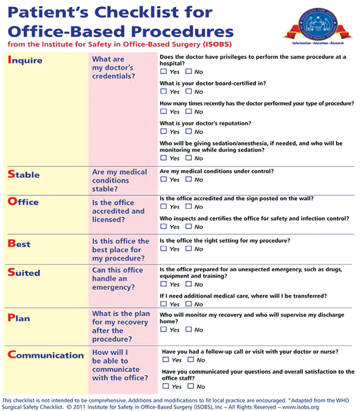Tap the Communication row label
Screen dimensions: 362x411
coord(46,355)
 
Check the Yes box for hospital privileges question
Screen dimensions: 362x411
coord(164,72)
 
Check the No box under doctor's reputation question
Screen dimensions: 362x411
coord(189,132)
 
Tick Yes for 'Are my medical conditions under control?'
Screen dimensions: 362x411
coord(164,179)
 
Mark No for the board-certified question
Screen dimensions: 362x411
coord(189,92)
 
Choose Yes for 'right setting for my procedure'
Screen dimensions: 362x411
coord(164,248)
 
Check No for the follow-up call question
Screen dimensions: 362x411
coord(191,360)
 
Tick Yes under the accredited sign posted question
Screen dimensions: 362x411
coord(164,206)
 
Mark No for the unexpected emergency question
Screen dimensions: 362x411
coord(189,284)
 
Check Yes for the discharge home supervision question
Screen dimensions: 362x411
coord(164,329)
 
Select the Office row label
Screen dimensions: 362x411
coord(23,201)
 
